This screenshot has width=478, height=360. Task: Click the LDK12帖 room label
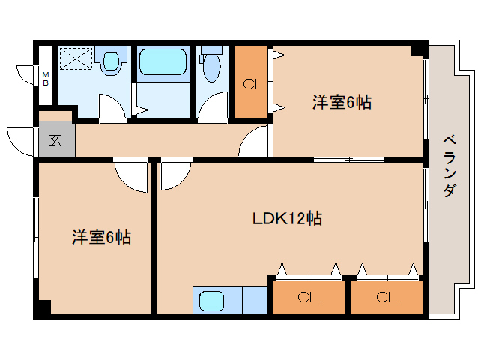click(287, 218)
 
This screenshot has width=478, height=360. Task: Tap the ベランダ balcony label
click(450, 166)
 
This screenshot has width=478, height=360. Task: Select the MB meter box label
click(46, 79)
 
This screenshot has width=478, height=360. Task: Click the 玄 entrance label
click(55, 140)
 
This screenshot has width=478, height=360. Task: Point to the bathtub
click(163, 62)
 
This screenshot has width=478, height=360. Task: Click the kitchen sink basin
click(211, 300)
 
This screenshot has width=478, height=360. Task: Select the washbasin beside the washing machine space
click(111, 61)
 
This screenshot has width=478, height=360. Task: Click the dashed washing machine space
click(76, 58)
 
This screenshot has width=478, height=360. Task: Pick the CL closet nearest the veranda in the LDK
click(387, 296)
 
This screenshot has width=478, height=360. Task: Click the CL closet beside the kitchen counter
click(309, 296)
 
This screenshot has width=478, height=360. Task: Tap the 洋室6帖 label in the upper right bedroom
click(342, 102)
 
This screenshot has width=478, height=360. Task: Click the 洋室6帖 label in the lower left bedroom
click(101, 237)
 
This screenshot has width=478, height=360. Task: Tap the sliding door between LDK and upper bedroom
click(348, 159)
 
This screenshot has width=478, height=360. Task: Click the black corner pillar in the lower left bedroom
click(44, 307)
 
